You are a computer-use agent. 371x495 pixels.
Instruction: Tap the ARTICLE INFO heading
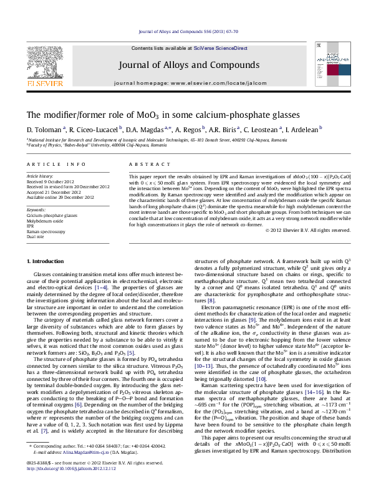tap(56, 164)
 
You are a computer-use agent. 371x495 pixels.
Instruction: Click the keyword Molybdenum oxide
tap(45, 220)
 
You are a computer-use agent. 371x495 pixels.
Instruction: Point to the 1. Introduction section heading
tap(42, 277)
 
